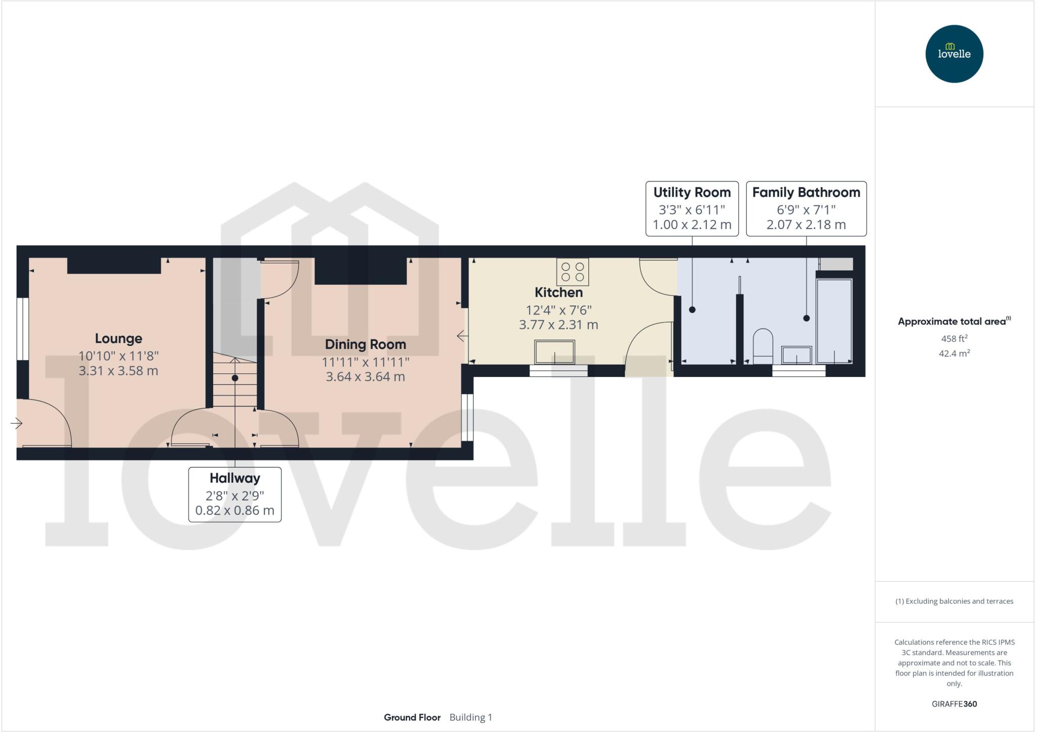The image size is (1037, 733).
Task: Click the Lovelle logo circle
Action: pyautogui.click(x=954, y=54)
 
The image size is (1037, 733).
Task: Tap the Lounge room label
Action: pyautogui.click(x=118, y=338)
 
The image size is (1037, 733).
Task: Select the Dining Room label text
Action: pyautogui.click(x=365, y=344)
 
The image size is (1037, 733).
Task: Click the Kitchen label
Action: pyautogui.click(x=559, y=292)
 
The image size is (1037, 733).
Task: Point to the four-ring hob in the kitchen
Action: pyautogui.click(x=572, y=272)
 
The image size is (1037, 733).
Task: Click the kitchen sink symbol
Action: pyautogui.click(x=554, y=352)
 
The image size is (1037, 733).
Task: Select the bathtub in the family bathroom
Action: pyautogui.click(x=834, y=320)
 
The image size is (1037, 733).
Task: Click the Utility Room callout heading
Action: pyautogui.click(x=692, y=192)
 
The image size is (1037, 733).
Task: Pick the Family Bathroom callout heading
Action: pyautogui.click(x=806, y=192)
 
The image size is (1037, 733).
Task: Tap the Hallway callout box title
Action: pyautogui.click(x=234, y=478)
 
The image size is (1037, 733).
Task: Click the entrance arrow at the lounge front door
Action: pyautogui.click(x=17, y=423)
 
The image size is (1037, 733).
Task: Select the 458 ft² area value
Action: pyautogui.click(x=954, y=338)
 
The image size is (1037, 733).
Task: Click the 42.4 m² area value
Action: pyautogui.click(x=954, y=353)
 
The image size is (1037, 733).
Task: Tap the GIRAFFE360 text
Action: pyautogui.click(x=954, y=704)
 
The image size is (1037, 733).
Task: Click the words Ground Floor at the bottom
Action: pyautogui.click(x=412, y=717)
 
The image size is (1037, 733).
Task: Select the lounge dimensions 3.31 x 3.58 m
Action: pyautogui.click(x=118, y=371)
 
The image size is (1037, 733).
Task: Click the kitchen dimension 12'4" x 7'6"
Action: pyautogui.click(x=559, y=310)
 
